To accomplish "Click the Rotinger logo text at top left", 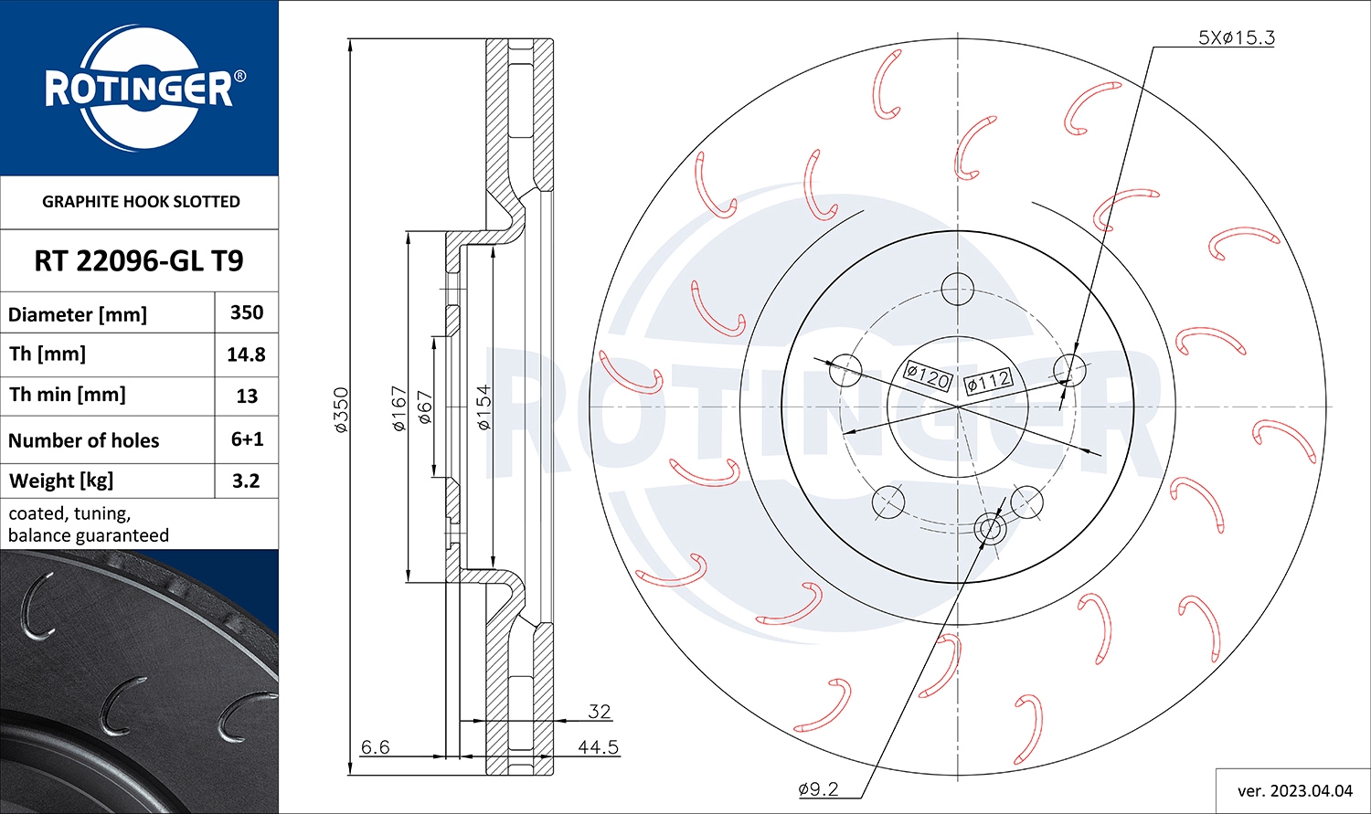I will pos(139,90).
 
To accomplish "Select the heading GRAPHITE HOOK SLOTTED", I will pos(141,202).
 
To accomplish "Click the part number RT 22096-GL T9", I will pos(139,261).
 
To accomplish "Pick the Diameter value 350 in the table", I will pos(247,312).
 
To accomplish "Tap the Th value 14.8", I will pos(246,354).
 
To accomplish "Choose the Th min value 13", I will pos(247,396).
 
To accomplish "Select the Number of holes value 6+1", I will pos(247,439).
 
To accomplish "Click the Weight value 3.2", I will pos(246,481).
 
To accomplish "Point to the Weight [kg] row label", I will pos(61,481).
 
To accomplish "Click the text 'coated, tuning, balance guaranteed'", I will pos(89,524).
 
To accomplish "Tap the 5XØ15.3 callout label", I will pos(1236,37).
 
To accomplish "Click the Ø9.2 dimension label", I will pos(817,788).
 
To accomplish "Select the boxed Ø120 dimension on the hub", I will pos(927,375).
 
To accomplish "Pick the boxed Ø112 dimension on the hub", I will pos(989,380).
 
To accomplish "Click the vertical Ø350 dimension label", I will pos(340,409).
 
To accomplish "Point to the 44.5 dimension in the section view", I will pos(598,747).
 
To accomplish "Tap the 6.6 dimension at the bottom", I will pos(375,747).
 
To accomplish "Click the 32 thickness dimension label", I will pos(599,711).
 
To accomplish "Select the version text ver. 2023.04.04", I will pos(1293,790).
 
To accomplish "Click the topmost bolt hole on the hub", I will pos(958,289).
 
